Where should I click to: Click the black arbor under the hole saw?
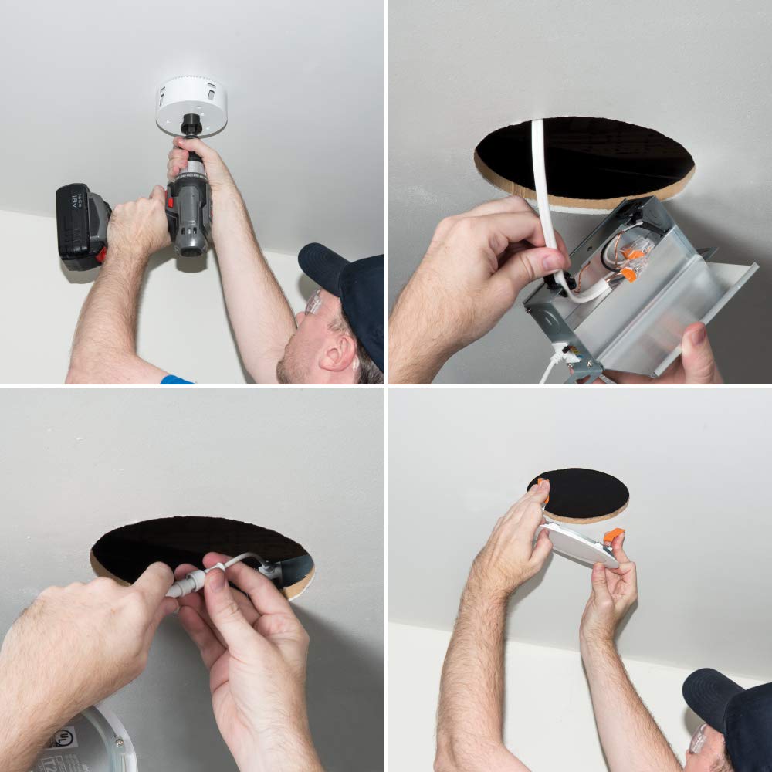[191, 126]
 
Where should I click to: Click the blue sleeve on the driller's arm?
[177, 380]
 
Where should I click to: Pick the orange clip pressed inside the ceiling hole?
[543, 488]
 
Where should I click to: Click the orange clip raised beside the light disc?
[613, 534]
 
